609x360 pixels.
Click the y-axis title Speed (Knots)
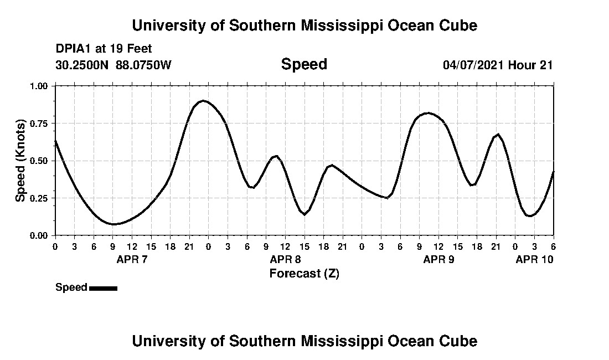pos(20,161)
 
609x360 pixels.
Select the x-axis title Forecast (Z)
pos(304,273)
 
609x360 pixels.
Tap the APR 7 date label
pos(132,259)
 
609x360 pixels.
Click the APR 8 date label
pos(285,259)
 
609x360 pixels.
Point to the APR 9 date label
pos(438,259)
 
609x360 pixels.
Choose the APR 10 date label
pos(534,259)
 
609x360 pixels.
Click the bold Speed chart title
pos(304,64)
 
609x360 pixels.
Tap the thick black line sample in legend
pos(103,288)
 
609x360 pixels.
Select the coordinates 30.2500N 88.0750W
pos(113,65)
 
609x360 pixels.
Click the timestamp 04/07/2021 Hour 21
pos(498,65)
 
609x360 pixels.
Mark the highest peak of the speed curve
pos(203,101)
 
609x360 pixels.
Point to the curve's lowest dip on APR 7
pos(113,224)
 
